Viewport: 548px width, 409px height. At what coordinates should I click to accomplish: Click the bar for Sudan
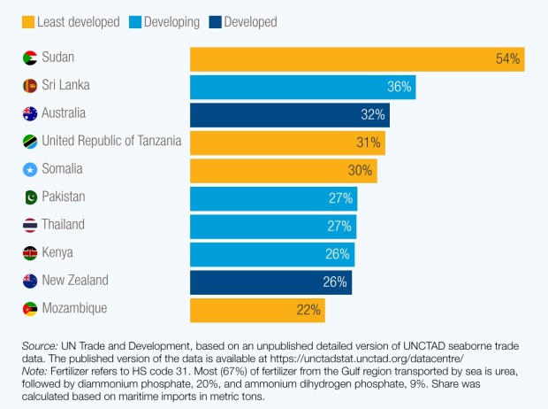357,59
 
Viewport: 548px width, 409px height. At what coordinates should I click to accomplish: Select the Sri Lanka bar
302,87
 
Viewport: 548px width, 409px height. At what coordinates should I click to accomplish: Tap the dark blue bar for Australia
289,115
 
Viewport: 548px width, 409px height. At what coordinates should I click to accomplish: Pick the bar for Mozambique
257,310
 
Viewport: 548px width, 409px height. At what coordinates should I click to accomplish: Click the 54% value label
508,59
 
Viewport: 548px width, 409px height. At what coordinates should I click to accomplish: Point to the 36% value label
400,87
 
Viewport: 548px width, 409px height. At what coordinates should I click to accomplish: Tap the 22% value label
308,310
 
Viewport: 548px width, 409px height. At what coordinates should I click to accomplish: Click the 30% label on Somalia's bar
361,171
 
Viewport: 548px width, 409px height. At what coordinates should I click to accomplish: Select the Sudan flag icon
30,58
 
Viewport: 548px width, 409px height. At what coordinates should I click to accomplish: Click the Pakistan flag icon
30,197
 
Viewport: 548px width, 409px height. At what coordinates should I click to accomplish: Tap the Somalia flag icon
30,170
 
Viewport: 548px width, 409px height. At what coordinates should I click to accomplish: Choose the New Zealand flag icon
30,281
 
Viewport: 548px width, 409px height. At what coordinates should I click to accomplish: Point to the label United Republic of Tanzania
111,142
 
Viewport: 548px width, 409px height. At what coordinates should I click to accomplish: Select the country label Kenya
59,253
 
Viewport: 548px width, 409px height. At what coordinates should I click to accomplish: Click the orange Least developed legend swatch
29,22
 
